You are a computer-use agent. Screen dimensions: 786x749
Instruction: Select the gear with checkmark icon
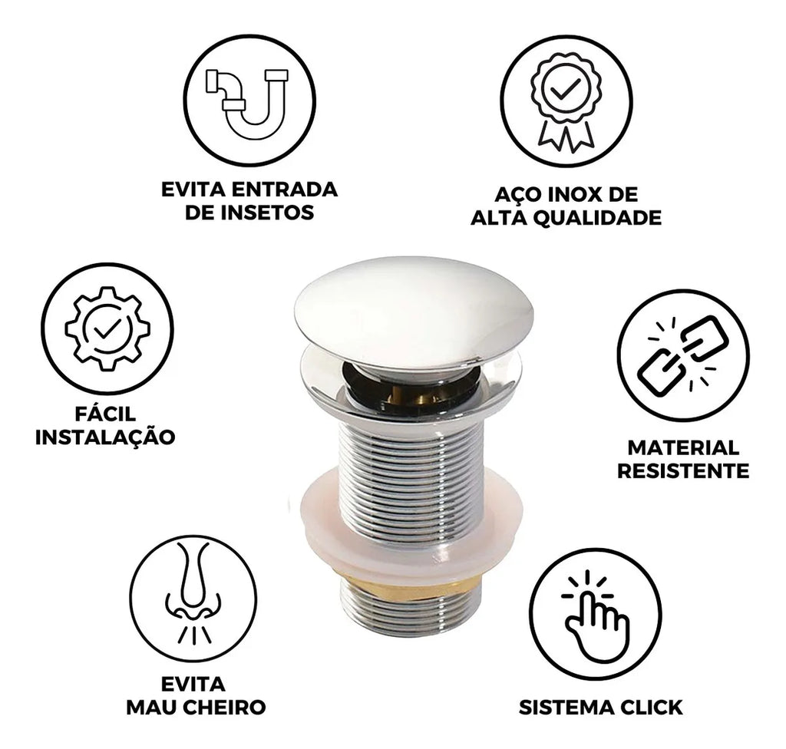(x=107, y=329)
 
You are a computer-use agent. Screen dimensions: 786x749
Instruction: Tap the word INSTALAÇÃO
(x=105, y=437)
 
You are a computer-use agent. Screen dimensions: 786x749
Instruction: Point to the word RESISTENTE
(x=682, y=471)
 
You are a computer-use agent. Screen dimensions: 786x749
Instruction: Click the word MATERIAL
(x=683, y=447)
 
